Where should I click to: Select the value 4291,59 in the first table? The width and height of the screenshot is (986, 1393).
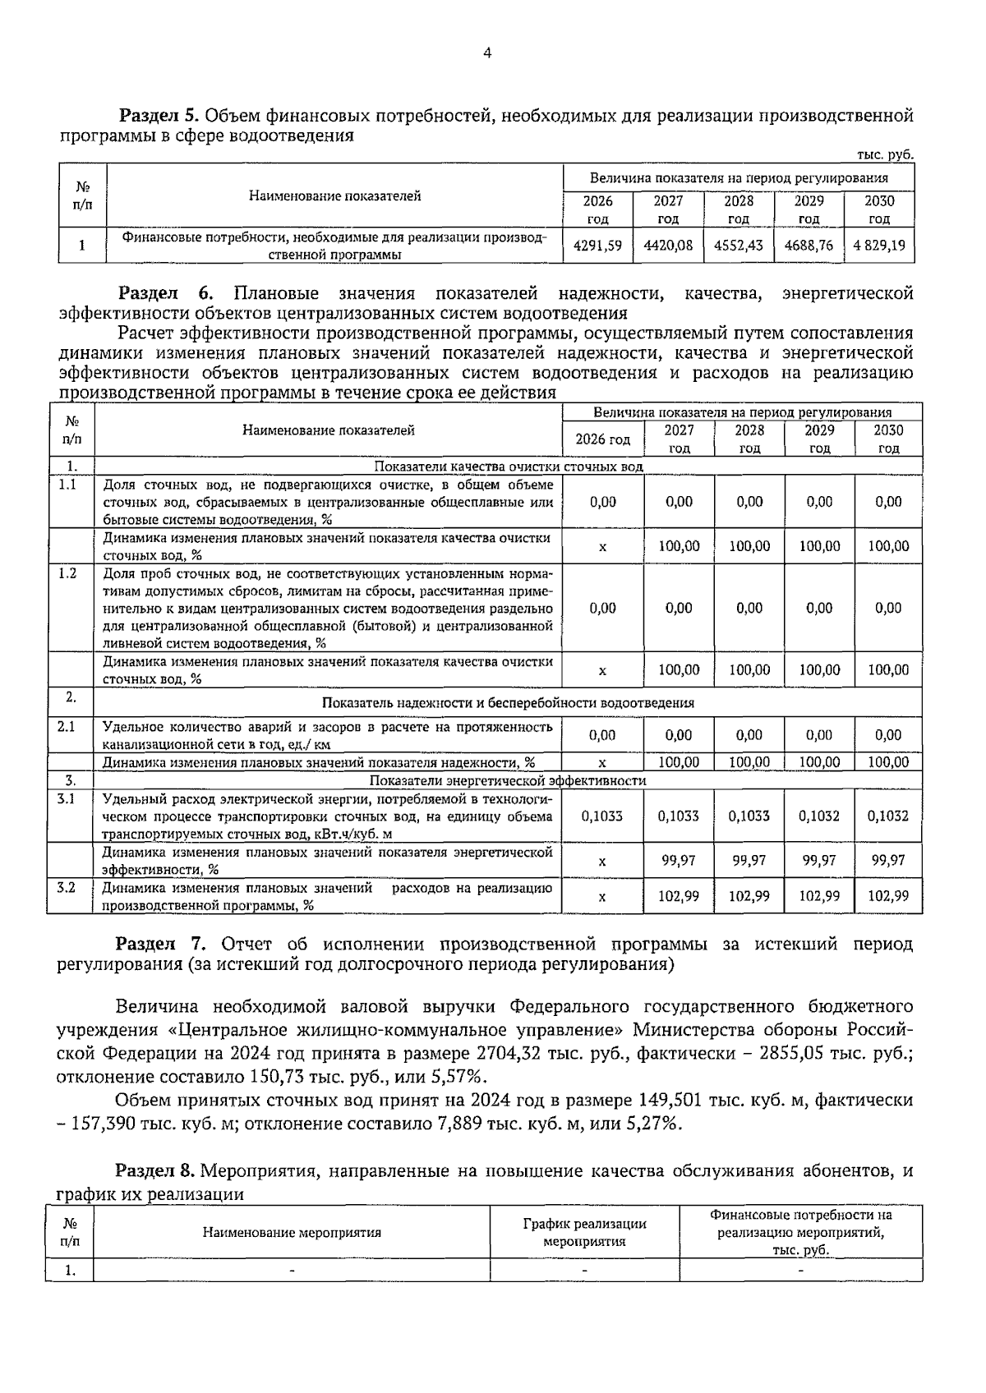click(x=597, y=245)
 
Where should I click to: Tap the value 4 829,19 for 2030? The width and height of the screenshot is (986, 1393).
click(x=879, y=245)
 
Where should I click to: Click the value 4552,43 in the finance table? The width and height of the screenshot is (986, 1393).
click(x=738, y=245)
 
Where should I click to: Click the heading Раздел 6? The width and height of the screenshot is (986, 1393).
click(x=166, y=293)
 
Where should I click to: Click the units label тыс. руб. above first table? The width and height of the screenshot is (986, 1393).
click(x=885, y=154)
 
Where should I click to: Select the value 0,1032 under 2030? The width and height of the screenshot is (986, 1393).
click(x=888, y=816)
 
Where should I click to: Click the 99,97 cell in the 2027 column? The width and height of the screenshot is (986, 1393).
click(x=679, y=860)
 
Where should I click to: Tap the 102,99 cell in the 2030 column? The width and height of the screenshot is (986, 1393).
click(x=888, y=896)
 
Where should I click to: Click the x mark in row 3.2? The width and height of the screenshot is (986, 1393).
click(x=602, y=897)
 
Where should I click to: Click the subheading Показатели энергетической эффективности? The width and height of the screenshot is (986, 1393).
click(x=507, y=780)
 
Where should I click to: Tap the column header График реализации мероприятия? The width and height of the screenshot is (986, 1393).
click(x=584, y=1232)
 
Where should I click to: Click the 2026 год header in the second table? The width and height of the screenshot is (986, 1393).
click(x=602, y=439)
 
